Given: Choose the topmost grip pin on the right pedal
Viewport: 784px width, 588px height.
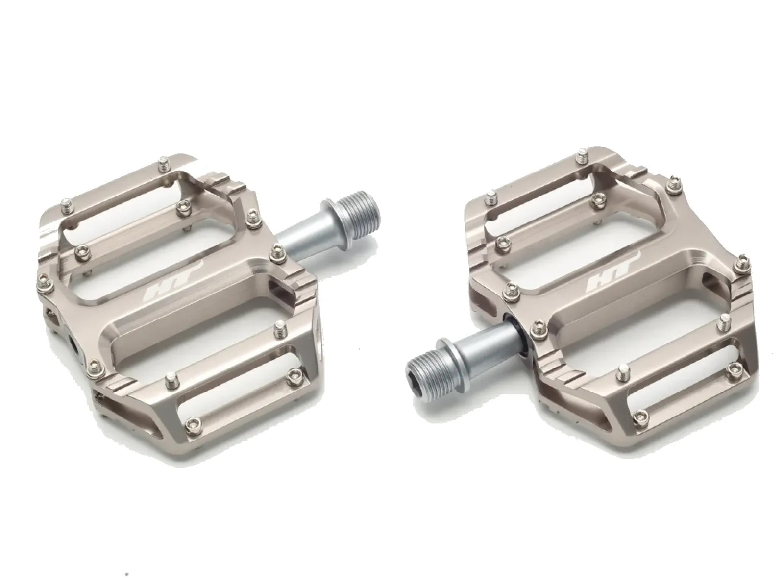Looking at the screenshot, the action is click(583, 158).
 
